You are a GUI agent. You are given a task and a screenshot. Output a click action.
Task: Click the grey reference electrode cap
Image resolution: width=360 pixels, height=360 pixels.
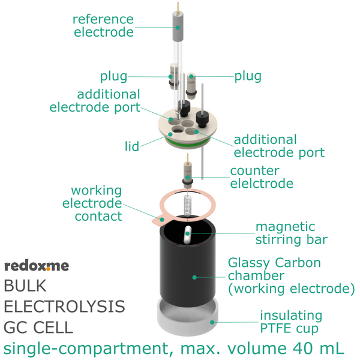[x=178, y=26]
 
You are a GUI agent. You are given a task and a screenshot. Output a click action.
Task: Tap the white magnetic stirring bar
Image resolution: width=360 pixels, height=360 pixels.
[x=187, y=235]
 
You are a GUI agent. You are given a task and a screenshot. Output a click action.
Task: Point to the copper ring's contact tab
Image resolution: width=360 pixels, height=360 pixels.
[x=160, y=220]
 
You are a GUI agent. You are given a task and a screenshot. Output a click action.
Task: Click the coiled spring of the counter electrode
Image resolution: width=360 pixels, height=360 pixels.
[x=188, y=205]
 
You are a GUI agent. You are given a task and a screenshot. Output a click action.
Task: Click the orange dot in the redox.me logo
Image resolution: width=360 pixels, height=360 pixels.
[x=49, y=269]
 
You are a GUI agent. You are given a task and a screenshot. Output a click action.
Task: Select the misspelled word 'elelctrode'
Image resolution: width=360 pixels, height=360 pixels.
[x=262, y=184]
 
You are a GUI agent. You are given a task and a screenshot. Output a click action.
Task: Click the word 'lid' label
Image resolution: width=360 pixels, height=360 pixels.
[x=132, y=146]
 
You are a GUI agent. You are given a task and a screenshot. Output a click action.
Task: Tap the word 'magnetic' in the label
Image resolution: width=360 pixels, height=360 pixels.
[x=286, y=227]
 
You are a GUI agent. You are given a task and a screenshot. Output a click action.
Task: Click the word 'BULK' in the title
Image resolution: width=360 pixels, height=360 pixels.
[x=25, y=286]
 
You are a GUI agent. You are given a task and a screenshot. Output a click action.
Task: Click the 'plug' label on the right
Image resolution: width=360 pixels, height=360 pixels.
[x=248, y=76]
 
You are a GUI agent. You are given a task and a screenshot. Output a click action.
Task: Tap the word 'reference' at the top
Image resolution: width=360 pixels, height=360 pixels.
[x=103, y=19]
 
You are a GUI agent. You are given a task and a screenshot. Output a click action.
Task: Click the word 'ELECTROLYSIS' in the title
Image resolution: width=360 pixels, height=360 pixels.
[x=65, y=307]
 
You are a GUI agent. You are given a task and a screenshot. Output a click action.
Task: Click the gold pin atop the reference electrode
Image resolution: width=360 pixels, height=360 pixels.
[x=178, y=7]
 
